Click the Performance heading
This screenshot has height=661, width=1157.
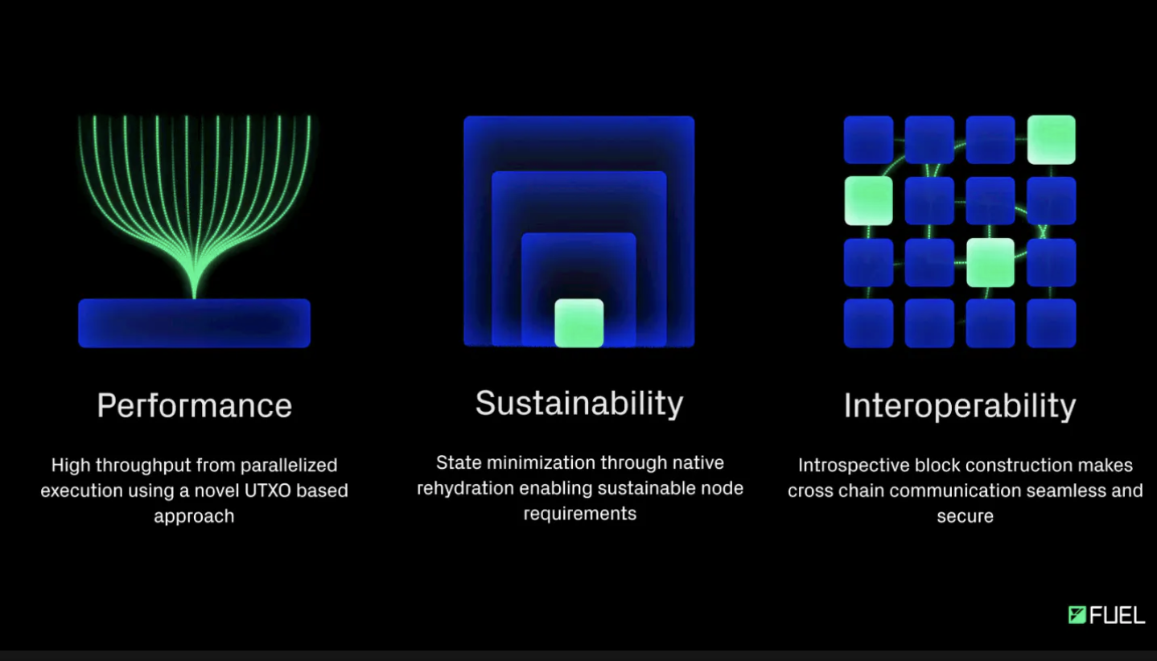point(194,405)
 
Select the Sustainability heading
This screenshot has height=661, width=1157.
point(579,404)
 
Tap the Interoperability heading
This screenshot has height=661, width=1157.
point(960,406)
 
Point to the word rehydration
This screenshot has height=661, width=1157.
point(465,488)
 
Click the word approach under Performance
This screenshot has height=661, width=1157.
point(194,516)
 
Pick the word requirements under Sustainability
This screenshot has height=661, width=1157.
point(579,514)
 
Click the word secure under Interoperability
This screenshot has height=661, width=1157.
point(965,516)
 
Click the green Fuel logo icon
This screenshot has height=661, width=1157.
point(1077,615)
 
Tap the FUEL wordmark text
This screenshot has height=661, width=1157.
point(1118,615)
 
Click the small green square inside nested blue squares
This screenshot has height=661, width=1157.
point(579,322)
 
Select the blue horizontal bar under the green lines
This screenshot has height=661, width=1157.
point(194,322)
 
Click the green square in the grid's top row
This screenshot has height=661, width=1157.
point(1051,140)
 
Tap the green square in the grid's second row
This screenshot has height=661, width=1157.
point(868,201)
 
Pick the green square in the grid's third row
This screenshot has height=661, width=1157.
point(990,262)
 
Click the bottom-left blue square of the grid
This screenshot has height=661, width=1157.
point(868,323)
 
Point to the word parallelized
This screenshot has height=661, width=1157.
point(289,466)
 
